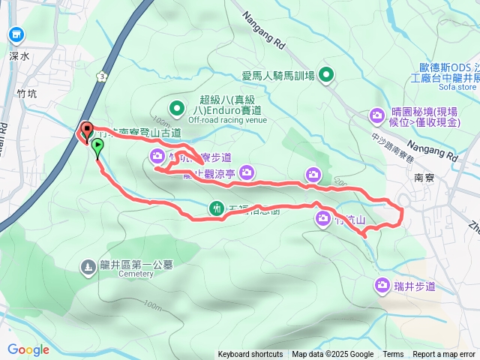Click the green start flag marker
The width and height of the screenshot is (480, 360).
click(97, 148)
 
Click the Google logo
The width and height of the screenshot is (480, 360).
click(28, 349)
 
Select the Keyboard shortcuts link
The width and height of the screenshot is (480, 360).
click(250, 355)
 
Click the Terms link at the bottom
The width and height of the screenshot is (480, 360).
click(393, 355)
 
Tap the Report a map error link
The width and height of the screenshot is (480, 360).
click(445, 355)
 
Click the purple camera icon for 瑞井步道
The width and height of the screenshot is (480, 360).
click(381, 285)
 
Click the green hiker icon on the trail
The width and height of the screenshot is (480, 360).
click(217, 208)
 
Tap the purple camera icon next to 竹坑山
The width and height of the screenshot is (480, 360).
click(322, 220)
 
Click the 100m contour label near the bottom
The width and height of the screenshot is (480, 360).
click(150, 306)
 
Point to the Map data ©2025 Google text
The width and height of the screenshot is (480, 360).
click(333, 355)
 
